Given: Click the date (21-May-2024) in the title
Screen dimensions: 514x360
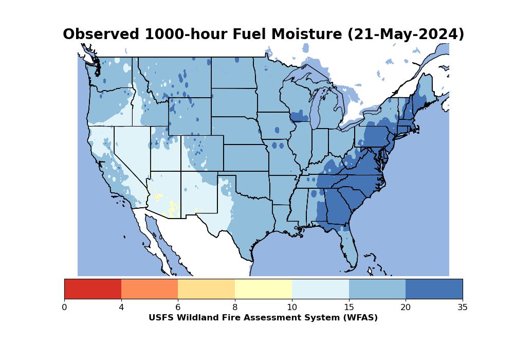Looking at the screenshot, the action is pyautogui.click(x=406, y=34).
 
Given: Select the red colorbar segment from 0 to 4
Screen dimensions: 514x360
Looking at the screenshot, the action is pyautogui.click(x=93, y=289).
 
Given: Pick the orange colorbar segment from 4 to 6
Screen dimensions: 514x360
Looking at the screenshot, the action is pyautogui.click(x=150, y=289).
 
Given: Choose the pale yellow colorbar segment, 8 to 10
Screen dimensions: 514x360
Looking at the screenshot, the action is pyautogui.click(x=264, y=289).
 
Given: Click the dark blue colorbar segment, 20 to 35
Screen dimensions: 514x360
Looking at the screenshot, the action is pyautogui.click(x=434, y=289).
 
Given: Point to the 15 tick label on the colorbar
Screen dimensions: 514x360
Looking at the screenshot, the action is pyautogui.click(x=349, y=307).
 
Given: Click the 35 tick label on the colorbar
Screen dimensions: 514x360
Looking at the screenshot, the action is pyautogui.click(x=463, y=307).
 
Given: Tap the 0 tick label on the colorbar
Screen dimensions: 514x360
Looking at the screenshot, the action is pyautogui.click(x=65, y=307).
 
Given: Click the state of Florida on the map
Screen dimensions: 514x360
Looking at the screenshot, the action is pyautogui.click(x=349, y=244).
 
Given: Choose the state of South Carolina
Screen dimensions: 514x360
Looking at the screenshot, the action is pyautogui.click(x=353, y=197).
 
